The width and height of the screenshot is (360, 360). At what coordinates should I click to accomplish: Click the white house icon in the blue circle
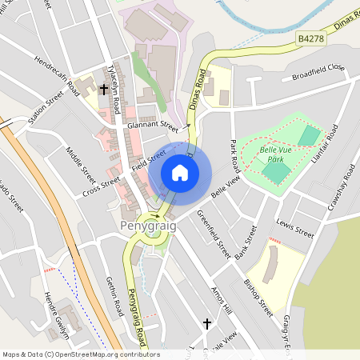point(180,172)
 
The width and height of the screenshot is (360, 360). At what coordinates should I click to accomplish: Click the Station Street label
point(45,110)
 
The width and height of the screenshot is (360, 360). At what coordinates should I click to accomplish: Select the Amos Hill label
point(221,299)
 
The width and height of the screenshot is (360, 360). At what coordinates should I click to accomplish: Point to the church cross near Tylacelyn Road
point(103,91)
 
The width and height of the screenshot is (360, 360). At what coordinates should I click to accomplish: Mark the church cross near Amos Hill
point(207,323)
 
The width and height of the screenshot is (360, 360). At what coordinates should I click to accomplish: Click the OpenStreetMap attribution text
point(80,354)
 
